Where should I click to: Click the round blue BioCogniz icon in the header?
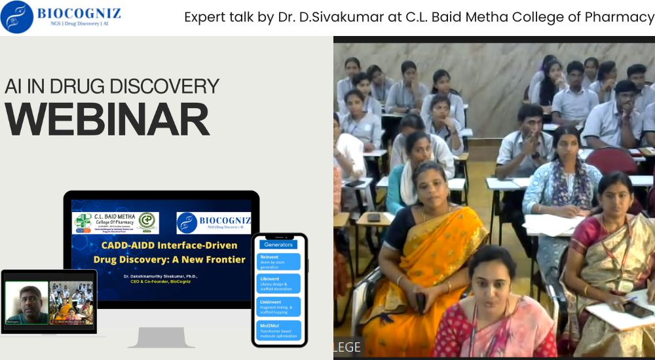pos(17,17)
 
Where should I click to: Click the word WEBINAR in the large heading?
pos(107,119)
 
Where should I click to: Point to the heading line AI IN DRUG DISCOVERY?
pos(112,86)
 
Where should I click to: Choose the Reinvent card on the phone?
pos(278,262)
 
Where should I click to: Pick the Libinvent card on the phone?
pos(278,283)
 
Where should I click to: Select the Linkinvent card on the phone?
pos(278,306)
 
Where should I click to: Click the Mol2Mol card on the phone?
pos(278,330)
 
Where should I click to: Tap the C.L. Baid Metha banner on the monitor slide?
pos(116,223)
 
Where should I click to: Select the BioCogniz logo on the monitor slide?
pos(214,223)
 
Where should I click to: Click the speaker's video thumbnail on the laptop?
pos(26,303)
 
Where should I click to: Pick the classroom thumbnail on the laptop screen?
pos(71,303)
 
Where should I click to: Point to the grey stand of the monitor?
pos(160,337)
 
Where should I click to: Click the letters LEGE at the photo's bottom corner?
pos(347,347)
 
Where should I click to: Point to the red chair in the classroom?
pos(612,161)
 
